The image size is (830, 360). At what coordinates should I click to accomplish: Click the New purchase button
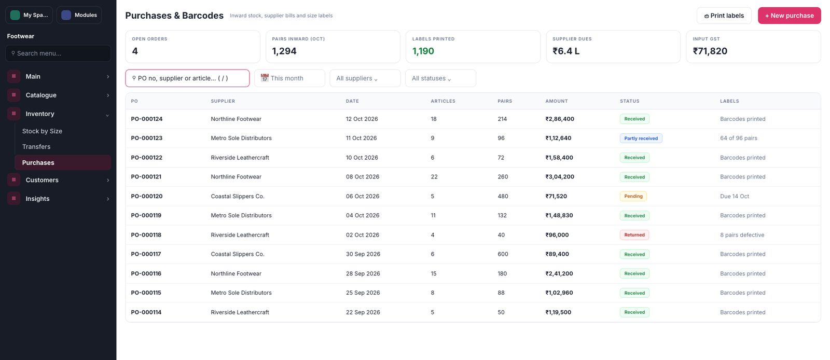point(789,16)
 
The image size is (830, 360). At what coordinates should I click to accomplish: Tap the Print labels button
point(724,16)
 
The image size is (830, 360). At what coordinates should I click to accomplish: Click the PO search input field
point(187,78)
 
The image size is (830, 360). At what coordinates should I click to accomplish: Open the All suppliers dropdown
point(365,78)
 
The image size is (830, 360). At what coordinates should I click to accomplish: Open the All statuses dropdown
point(440,78)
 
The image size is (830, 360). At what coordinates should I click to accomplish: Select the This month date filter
point(289,78)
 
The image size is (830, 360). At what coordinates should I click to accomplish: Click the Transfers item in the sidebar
point(36,147)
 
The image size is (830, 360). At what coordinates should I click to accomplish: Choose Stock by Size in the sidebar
point(42,131)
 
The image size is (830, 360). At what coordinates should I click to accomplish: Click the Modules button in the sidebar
point(79,15)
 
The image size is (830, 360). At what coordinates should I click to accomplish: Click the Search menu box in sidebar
point(58,53)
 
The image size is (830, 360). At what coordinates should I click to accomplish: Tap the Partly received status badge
point(641,138)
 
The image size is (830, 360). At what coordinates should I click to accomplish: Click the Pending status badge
point(633,196)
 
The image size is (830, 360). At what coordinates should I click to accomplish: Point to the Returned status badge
point(634,235)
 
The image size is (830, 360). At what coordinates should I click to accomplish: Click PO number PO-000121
point(146,177)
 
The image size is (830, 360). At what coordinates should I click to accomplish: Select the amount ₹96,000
point(557,235)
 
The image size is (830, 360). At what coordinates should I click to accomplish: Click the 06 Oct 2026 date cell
point(363,196)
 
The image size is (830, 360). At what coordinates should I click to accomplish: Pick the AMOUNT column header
point(557,101)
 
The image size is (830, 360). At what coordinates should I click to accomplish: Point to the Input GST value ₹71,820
point(710,51)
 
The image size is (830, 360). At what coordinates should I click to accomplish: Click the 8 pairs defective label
point(742,235)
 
